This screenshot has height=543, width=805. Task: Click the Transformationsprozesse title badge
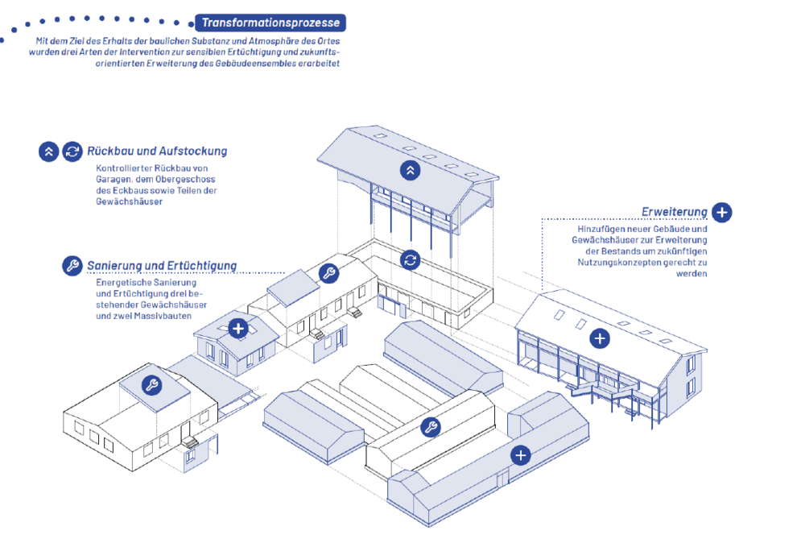tap(270, 23)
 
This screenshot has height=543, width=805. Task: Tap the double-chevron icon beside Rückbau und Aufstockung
tap(48, 151)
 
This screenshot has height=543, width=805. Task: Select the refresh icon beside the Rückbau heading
tap(72, 151)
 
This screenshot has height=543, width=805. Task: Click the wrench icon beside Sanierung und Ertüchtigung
tap(72, 266)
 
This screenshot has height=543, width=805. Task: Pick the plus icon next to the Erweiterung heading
tap(722, 213)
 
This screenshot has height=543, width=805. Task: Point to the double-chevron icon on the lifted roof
tap(411, 169)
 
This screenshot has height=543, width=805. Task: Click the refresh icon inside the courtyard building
tap(411, 259)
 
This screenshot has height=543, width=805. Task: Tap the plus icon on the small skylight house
tap(238, 329)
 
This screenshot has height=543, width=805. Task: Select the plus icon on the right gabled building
tap(599, 338)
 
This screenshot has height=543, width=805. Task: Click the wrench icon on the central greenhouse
tap(431, 428)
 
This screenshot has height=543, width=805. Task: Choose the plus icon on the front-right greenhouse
tap(522, 456)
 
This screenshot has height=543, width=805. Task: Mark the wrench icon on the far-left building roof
tap(151, 386)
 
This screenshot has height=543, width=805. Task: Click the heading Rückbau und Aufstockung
tap(157, 151)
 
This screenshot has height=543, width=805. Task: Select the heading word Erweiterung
tap(675, 213)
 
